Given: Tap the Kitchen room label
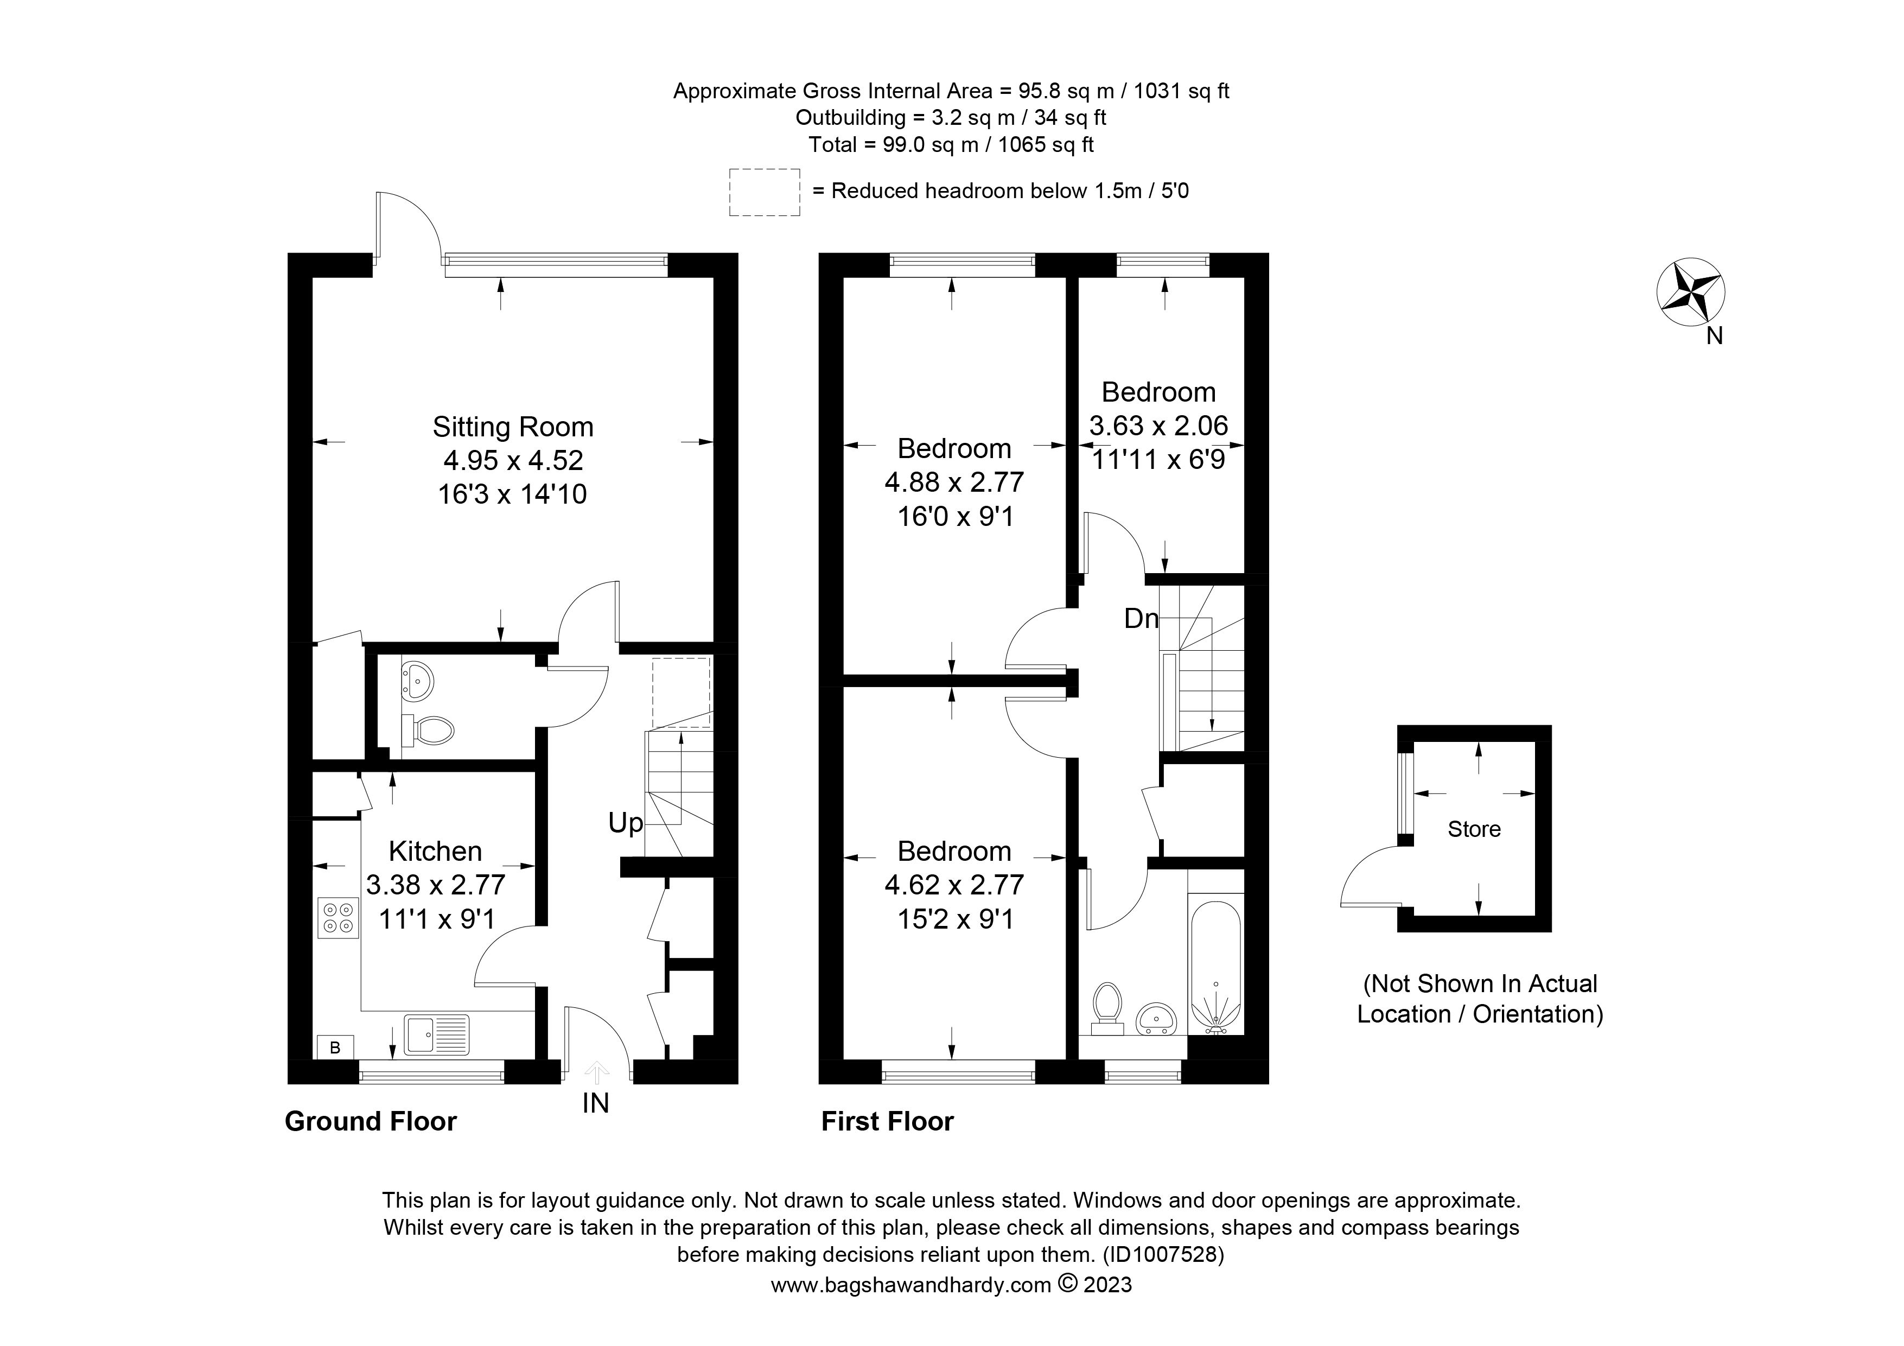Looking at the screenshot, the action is click(435, 851).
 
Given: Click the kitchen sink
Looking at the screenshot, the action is click(436, 1035).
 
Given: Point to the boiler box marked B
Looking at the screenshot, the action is click(335, 1047).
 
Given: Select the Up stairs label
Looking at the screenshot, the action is click(625, 823).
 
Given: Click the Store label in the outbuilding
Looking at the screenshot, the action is click(1474, 829).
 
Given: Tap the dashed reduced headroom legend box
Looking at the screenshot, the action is click(765, 193).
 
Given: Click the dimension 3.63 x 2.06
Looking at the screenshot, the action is click(1158, 426).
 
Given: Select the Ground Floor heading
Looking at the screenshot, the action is click(371, 1121).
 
